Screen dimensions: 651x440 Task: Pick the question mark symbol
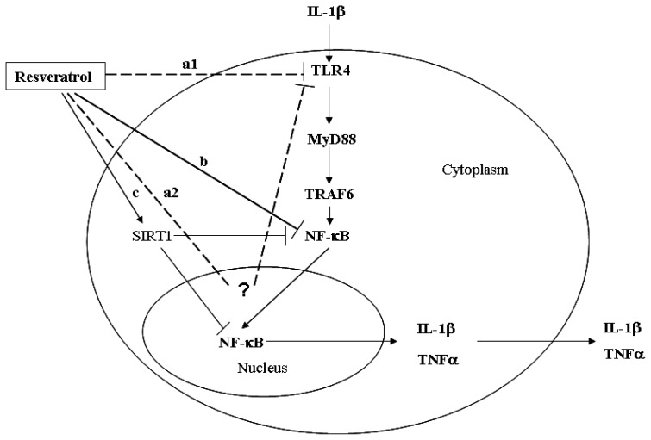tap(244, 290)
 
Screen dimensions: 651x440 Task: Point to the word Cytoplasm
tap(485, 170)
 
